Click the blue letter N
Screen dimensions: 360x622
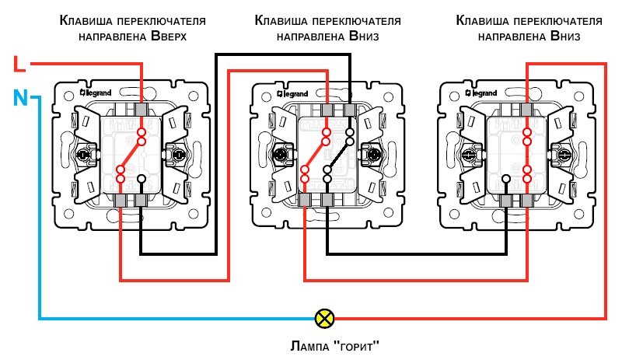point(21,98)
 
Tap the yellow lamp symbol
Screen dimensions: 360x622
point(323,317)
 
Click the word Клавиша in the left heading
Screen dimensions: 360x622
point(85,21)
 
